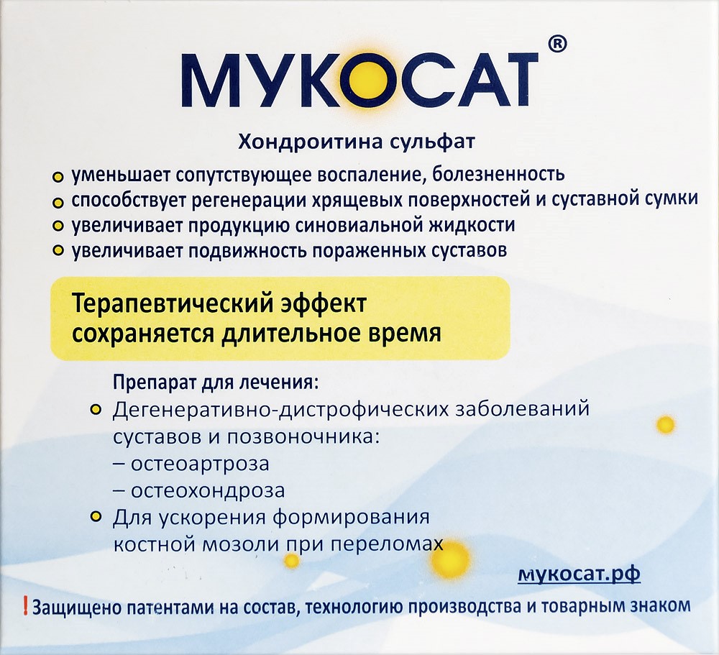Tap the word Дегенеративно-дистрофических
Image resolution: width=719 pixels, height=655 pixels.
coord(282,411)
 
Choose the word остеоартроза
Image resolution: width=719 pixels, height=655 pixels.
coord(199,464)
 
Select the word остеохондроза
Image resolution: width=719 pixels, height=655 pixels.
coord(207,491)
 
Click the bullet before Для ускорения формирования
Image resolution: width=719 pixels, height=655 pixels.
coord(95,516)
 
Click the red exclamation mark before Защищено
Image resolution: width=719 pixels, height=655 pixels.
coord(26,605)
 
